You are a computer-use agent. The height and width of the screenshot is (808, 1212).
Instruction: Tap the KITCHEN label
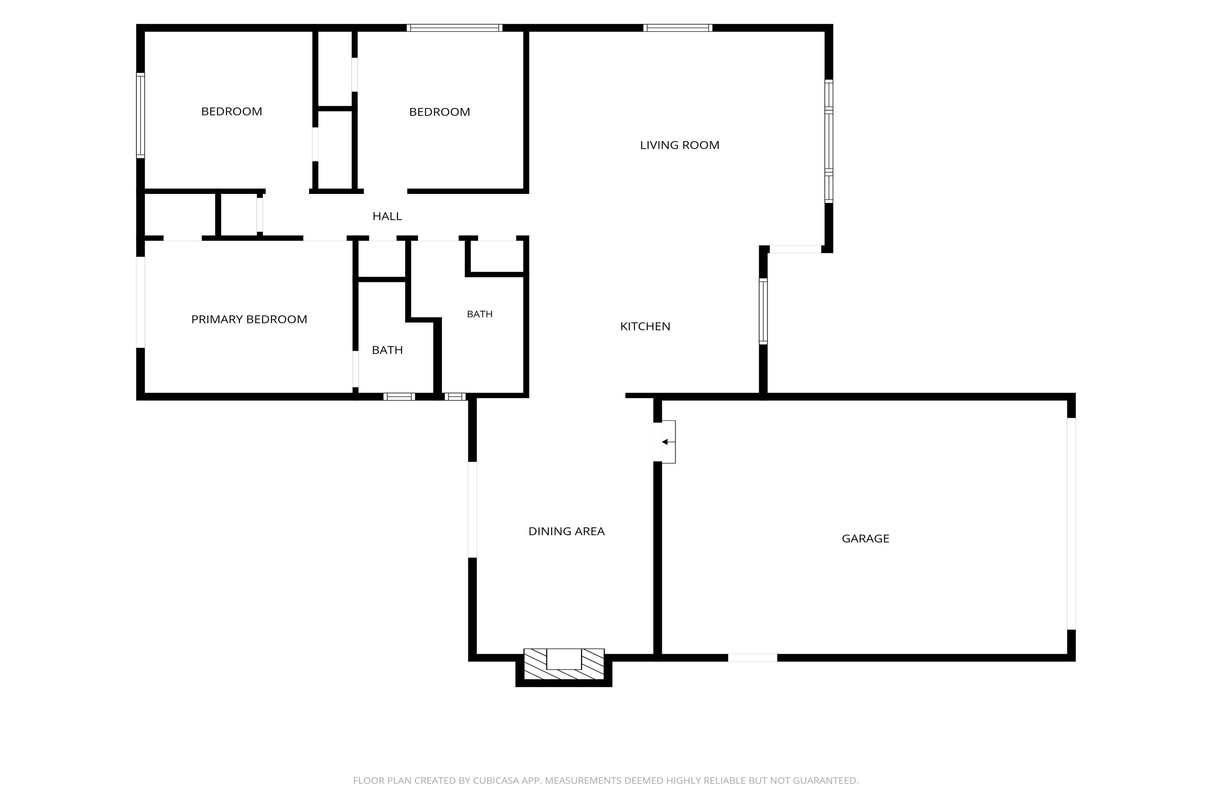tap(645, 327)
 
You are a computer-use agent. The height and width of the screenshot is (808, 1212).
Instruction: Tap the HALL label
tap(387, 216)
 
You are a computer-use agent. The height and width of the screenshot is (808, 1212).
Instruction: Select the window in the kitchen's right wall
tap(763, 311)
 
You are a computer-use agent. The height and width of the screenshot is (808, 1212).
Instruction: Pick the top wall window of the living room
tap(678, 28)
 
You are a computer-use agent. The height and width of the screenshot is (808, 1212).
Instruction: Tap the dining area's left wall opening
tap(472, 510)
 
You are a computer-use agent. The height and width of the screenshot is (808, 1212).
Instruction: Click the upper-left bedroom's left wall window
tap(140, 115)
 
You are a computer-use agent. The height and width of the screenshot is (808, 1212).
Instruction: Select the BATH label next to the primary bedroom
tap(387, 350)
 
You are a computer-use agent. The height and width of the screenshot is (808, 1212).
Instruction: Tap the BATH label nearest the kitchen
tap(480, 314)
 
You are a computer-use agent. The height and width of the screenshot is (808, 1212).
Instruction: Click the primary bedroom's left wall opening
tap(140, 302)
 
